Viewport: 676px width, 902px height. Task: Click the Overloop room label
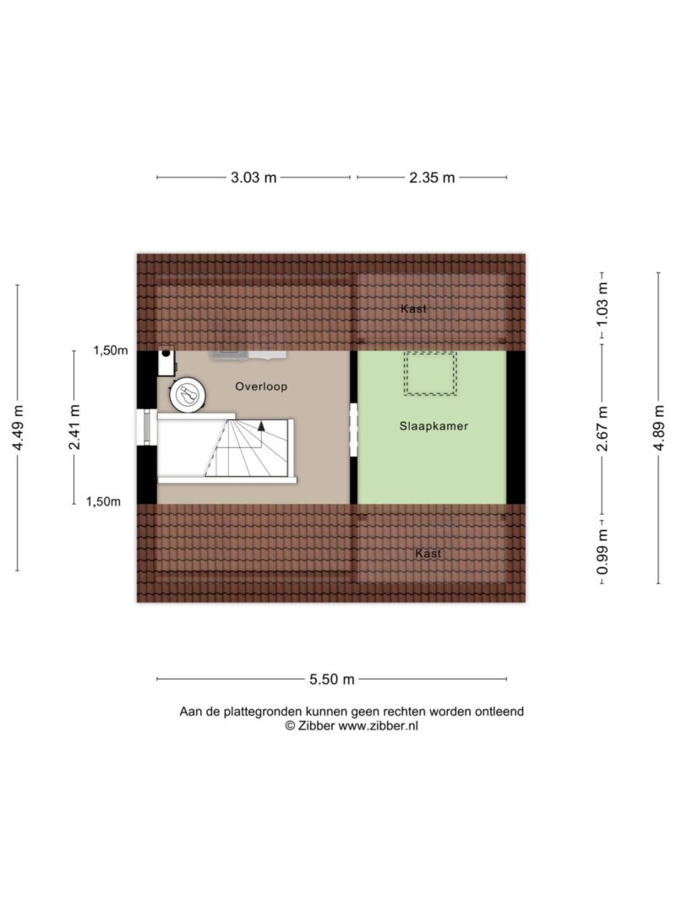point(261,386)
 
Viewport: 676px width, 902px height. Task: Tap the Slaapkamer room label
point(434,426)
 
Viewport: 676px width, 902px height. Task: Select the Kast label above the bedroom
point(414,309)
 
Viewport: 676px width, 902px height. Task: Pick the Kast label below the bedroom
point(428,554)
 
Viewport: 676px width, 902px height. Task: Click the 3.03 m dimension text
point(253,178)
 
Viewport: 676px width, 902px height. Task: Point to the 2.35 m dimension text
point(432,178)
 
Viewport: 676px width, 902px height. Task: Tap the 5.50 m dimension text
point(332,680)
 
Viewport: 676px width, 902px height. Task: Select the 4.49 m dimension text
point(18,428)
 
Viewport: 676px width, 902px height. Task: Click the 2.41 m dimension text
point(74,428)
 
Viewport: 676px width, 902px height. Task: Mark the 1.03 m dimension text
point(602,303)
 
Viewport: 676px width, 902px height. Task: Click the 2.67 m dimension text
point(602,429)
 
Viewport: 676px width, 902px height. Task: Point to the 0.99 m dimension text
point(602,552)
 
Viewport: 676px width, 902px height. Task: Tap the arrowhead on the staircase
point(261,426)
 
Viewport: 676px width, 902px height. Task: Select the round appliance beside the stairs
point(188,395)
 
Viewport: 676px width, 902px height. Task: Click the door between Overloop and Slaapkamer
point(353,429)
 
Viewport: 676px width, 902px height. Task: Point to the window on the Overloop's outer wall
point(146,428)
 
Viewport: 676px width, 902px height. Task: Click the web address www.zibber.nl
point(378,726)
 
